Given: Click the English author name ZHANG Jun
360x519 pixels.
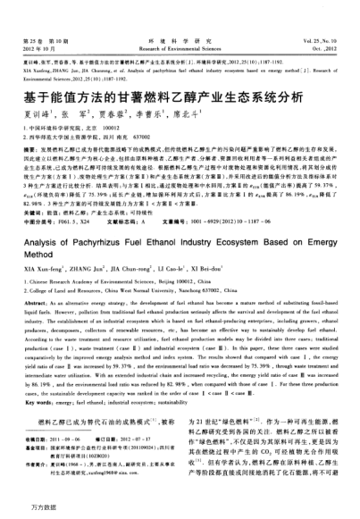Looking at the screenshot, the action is pos(89,297).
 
